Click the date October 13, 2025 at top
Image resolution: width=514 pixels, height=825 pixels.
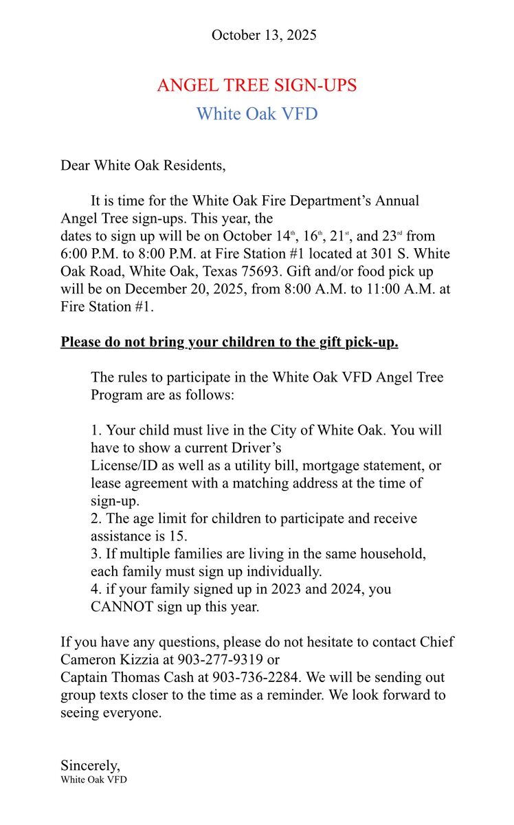click(x=264, y=35)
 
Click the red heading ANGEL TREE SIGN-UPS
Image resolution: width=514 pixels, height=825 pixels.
click(x=257, y=85)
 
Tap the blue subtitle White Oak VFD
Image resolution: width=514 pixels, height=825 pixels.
click(x=257, y=113)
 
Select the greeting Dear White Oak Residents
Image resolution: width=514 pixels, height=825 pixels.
click(x=143, y=166)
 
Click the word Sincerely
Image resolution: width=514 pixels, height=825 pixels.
click(x=90, y=765)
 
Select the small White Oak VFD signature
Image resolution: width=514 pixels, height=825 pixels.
click(x=93, y=780)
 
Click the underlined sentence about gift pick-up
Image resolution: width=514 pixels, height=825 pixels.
click(x=230, y=342)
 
